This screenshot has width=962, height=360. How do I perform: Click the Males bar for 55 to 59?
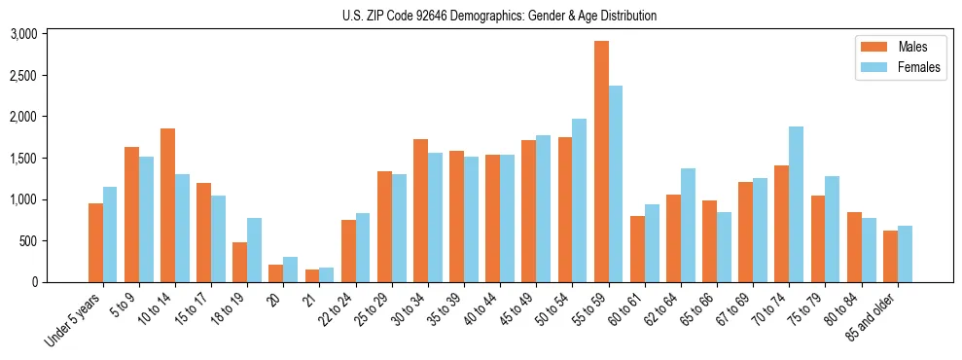(x=602, y=162)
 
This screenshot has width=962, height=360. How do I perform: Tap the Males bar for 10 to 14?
(x=168, y=205)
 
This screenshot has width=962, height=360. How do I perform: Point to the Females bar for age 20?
(x=291, y=270)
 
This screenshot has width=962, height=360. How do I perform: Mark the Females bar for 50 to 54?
(x=580, y=200)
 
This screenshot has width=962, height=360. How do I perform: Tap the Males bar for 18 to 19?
(x=240, y=262)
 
